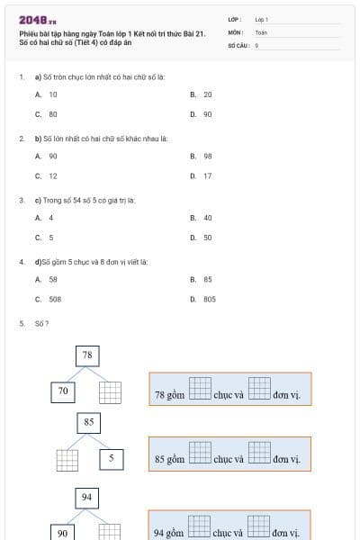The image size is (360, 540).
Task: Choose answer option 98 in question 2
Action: [207, 156]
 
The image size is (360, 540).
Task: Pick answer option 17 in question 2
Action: [207, 175]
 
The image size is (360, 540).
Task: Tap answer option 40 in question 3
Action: [207, 218]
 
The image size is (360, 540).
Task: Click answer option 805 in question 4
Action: [209, 299]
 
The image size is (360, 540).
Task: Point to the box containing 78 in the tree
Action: [87, 355]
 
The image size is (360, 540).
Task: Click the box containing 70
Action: [63, 391]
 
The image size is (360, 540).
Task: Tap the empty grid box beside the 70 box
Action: [110, 392]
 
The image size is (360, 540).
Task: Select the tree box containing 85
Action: [88, 421]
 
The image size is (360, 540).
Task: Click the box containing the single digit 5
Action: [111, 458]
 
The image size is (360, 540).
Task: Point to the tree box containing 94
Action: [87, 497]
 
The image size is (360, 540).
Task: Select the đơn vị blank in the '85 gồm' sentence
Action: [259, 454]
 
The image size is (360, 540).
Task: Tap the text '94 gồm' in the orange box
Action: [169, 533]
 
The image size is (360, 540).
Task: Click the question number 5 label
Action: [22, 322]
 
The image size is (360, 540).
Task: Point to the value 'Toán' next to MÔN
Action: [261, 31]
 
